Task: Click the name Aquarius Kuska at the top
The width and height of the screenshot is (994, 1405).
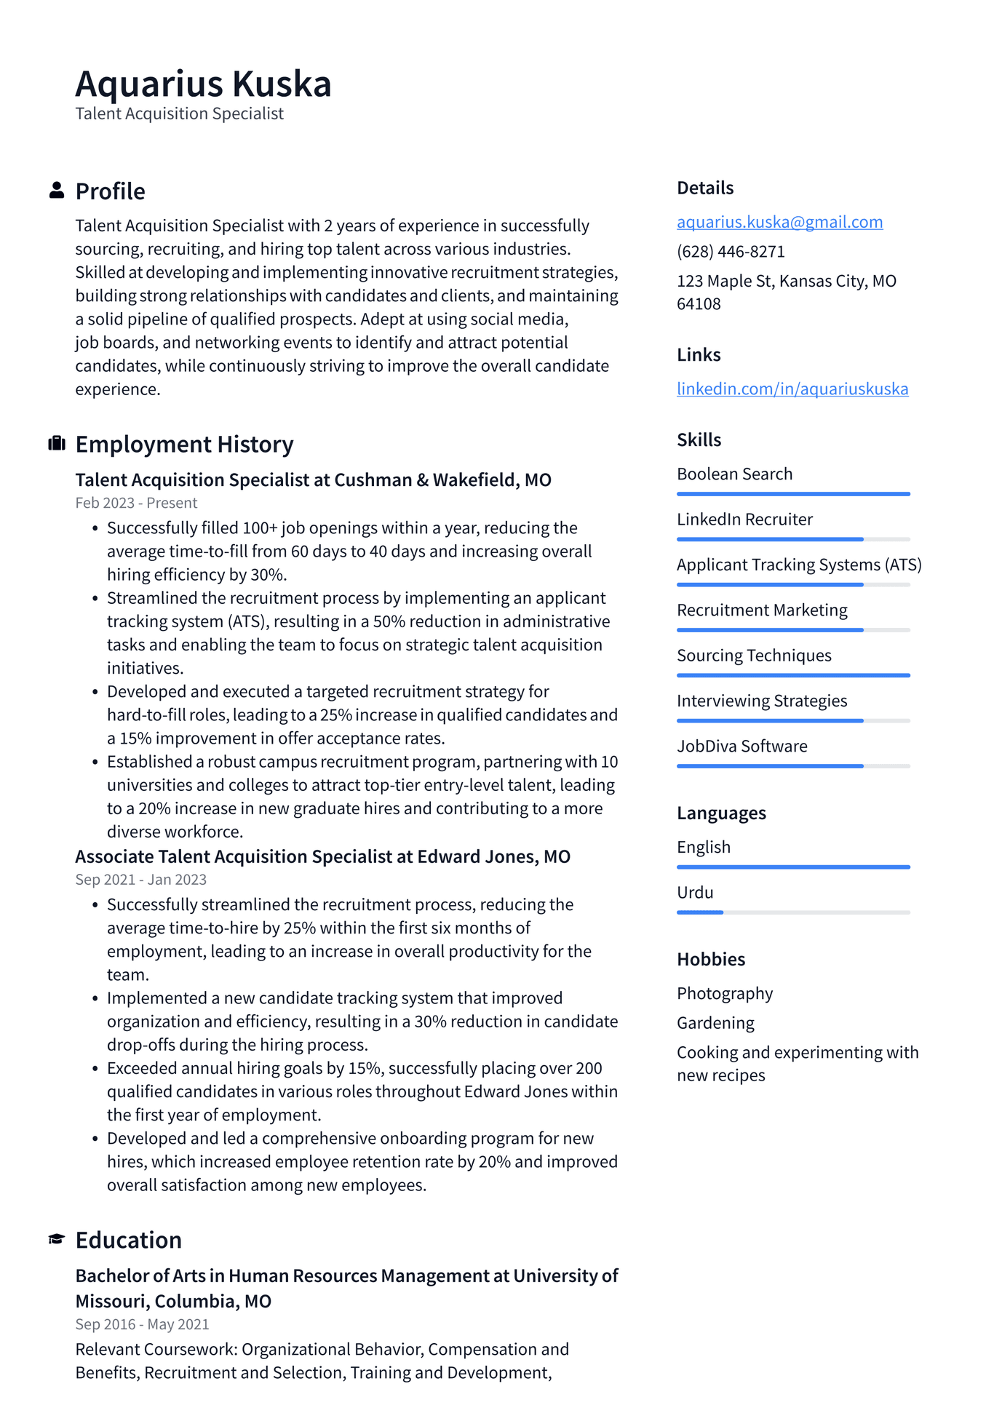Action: pyautogui.click(x=203, y=84)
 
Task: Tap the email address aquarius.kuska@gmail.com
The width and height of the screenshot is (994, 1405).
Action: pyautogui.click(x=779, y=222)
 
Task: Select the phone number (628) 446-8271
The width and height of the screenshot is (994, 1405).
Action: pyautogui.click(x=731, y=252)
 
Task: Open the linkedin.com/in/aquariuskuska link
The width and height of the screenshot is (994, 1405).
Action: pyautogui.click(x=792, y=389)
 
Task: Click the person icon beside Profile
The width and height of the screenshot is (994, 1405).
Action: pyautogui.click(x=56, y=191)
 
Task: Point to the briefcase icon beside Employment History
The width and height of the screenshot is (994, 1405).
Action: pyautogui.click(x=56, y=444)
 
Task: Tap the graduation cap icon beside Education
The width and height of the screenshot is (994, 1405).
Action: pyautogui.click(x=56, y=1239)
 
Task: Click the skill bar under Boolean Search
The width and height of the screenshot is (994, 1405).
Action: pyautogui.click(x=793, y=494)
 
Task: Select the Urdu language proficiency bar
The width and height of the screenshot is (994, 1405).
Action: pyautogui.click(x=793, y=912)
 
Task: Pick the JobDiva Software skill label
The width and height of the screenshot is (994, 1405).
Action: pyautogui.click(x=741, y=746)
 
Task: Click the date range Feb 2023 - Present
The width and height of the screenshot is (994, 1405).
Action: pyautogui.click(x=136, y=503)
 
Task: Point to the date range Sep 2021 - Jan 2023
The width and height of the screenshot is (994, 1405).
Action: pyautogui.click(x=140, y=880)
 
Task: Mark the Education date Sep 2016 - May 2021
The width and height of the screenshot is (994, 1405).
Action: pyautogui.click(x=142, y=1324)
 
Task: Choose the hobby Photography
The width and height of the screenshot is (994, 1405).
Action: pyautogui.click(x=725, y=993)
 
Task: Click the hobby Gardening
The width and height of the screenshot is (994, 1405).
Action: pyautogui.click(x=715, y=1023)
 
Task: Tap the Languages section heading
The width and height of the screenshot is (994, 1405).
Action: pyautogui.click(x=721, y=813)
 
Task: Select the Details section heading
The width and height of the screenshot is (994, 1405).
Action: pyautogui.click(x=705, y=188)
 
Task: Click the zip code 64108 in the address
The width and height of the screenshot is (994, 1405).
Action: pyautogui.click(x=699, y=304)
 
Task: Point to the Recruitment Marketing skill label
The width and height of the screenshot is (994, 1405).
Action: pyautogui.click(x=762, y=610)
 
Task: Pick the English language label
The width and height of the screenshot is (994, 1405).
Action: pyautogui.click(x=704, y=847)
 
